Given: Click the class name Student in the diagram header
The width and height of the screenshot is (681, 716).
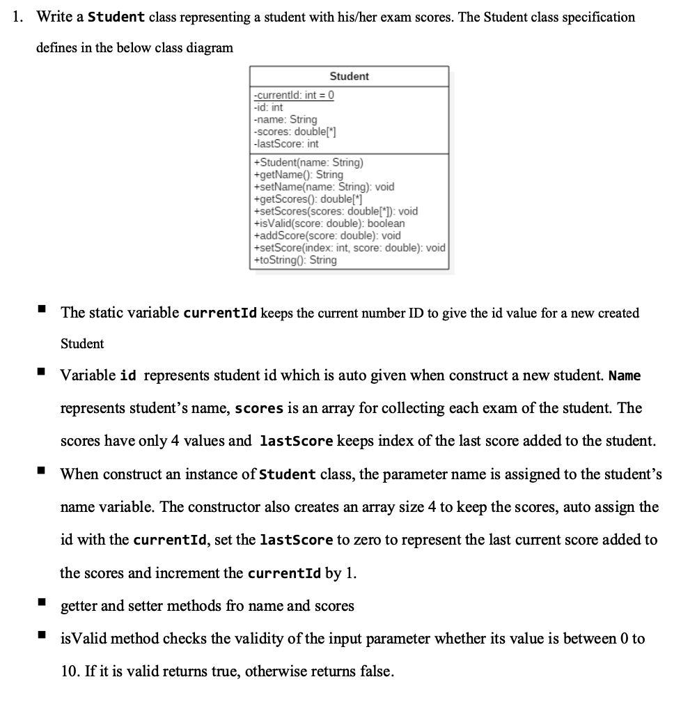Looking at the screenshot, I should [x=349, y=76].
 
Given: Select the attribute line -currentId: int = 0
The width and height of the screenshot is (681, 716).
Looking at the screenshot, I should [x=293, y=95].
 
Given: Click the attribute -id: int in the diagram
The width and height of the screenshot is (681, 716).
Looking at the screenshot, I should [x=269, y=107].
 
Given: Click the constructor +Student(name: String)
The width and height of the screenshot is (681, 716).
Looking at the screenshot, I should [x=309, y=162].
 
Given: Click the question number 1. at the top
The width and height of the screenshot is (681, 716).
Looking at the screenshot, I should [x=19, y=17].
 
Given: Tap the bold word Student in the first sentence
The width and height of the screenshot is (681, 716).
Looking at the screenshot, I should [x=116, y=17].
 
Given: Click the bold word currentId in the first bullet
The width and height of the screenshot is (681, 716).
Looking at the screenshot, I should [x=220, y=313].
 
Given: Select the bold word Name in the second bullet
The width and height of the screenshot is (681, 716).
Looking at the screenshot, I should [x=625, y=376].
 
